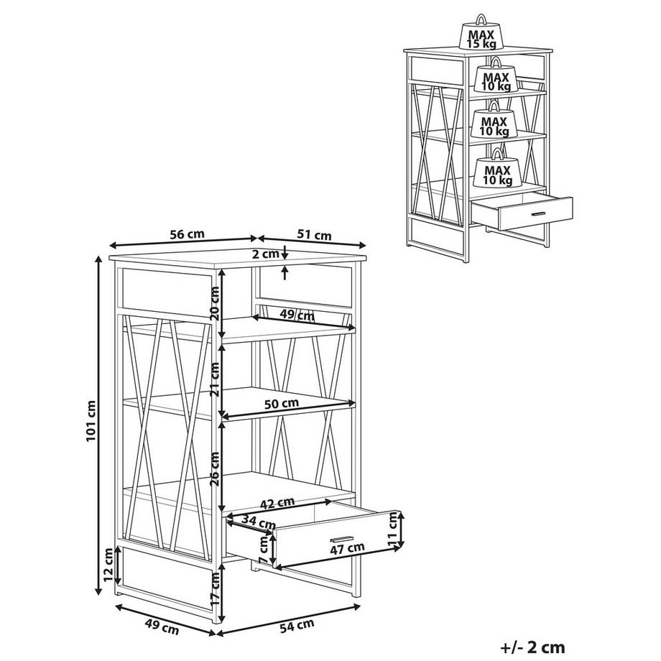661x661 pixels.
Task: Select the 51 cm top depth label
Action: (x=314, y=235)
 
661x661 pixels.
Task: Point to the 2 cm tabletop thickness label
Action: (x=266, y=254)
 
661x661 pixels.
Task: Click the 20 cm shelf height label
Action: (x=215, y=303)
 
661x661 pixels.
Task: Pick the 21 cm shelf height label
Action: (x=215, y=379)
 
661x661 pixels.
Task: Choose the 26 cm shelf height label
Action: (x=215, y=468)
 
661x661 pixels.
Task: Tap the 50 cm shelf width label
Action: (x=282, y=404)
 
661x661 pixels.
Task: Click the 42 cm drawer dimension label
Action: (x=277, y=504)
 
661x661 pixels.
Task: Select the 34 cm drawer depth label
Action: (x=259, y=524)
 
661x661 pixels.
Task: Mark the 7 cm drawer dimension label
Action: (x=264, y=550)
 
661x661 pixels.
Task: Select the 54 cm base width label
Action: (x=297, y=625)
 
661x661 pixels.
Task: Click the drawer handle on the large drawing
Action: (x=341, y=539)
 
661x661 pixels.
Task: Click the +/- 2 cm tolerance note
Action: (x=532, y=647)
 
